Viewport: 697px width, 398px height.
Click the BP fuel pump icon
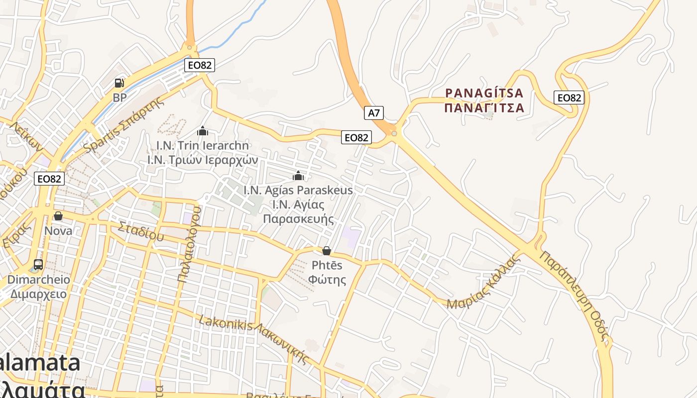click(x=119, y=83)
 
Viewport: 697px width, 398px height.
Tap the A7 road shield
click(x=374, y=113)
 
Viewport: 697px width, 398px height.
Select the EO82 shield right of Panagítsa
click(x=569, y=98)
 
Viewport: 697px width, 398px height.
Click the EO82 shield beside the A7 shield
click(x=356, y=137)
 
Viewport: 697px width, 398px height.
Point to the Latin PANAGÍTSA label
click(x=484, y=93)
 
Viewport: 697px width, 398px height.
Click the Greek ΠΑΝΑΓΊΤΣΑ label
click(x=484, y=107)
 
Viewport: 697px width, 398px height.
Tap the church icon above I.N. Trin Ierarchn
click(x=203, y=131)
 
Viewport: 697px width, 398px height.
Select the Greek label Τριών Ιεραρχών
click(x=203, y=160)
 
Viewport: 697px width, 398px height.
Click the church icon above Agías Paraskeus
click(x=298, y=176)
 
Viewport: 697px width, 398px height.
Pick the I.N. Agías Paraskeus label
click(x=298, y=190)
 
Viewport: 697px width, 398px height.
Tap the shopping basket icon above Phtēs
click(x=327, y=251)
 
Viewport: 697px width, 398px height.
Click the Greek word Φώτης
click(x=327, y=279)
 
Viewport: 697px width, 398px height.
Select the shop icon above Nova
click(x=58, y=216)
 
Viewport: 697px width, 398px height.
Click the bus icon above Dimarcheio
click(x=38, y=265)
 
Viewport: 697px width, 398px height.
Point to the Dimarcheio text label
click(x=38, y=280)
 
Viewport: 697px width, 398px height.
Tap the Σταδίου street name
click(x=141, y=232)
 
